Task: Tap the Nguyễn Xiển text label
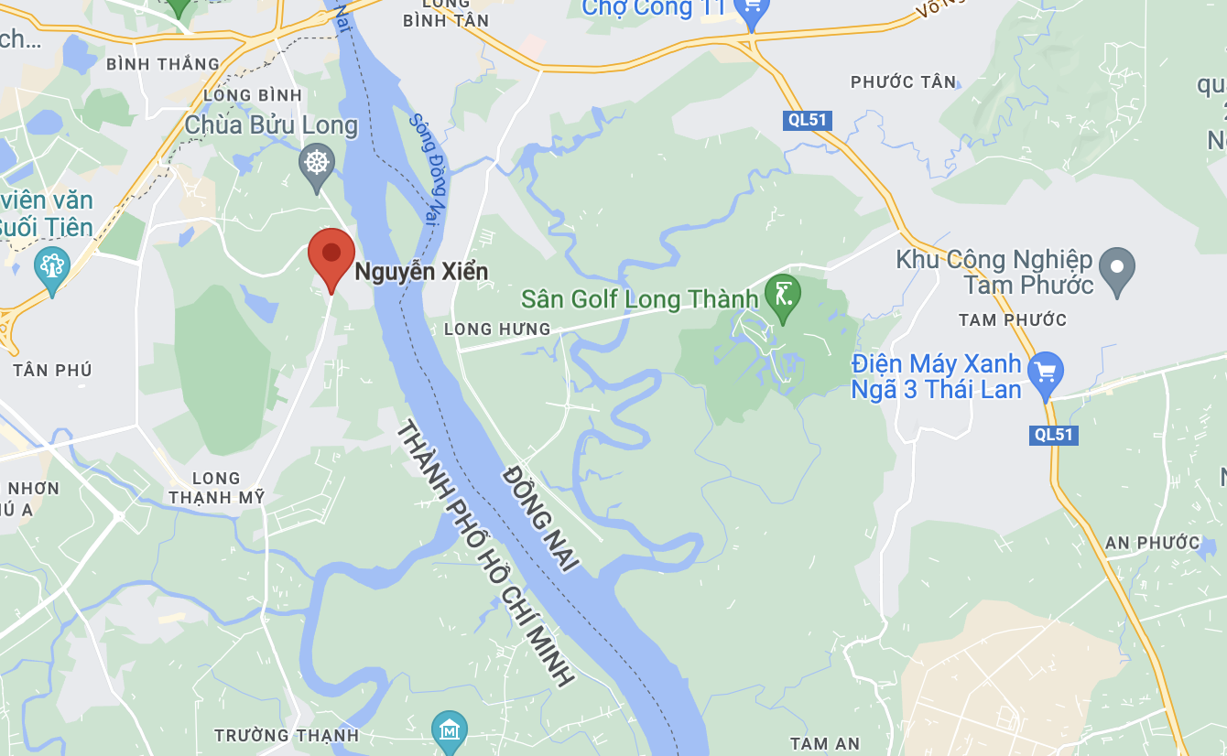[421, 272]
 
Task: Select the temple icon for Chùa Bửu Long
[317, 163]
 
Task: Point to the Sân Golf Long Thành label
[640, 299]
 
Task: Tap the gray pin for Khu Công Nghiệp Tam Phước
[1116, 267]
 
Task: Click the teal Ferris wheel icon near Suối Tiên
[51, 267]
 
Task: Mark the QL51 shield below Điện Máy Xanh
[1054, 435]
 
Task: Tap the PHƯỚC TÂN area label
[903, 82]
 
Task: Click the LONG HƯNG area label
[497, 329]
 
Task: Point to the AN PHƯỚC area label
[1152, 543]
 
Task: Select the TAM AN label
[825, 744]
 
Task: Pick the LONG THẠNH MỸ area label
[216, 488]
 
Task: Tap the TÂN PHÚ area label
[52, 370]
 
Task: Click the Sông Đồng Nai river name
[426, 168]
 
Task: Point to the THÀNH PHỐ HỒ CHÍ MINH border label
[484, 554]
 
